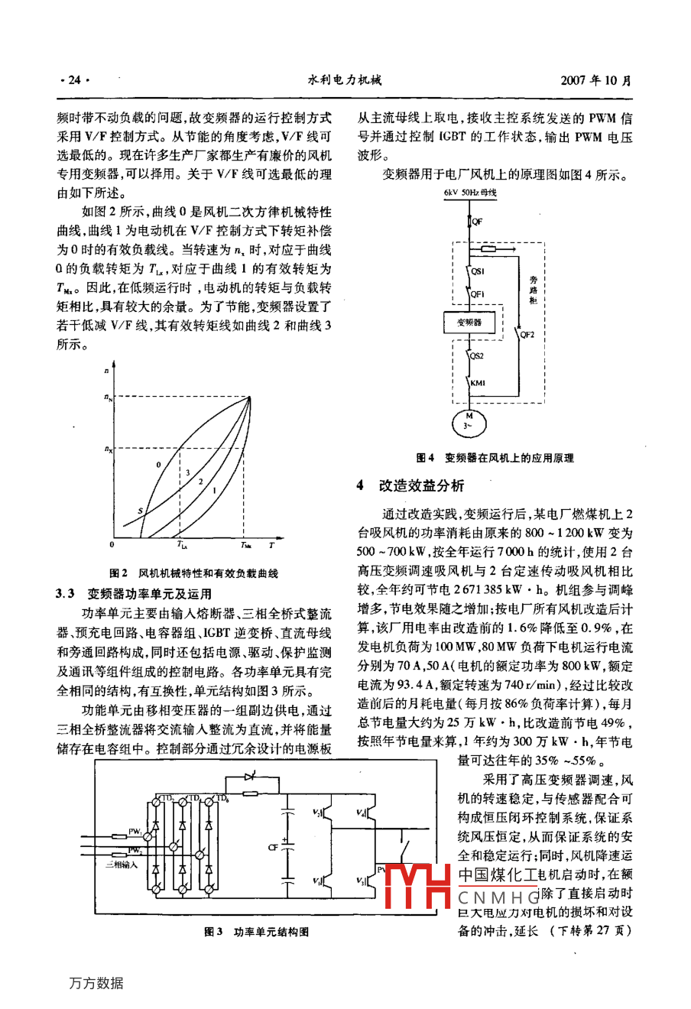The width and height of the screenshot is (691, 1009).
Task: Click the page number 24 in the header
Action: pyautogui.click(x=74, y=79)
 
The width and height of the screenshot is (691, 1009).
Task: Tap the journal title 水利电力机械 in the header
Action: pyautogui.click(x=344, y=79)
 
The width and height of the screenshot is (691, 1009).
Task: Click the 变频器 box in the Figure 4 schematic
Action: pyautogui.click(x=469, y=323)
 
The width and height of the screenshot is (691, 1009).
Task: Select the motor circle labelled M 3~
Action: pyautogui.click(x=469, y=421)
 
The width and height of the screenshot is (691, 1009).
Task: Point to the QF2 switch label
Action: pyautogui.click(x=527, y=334)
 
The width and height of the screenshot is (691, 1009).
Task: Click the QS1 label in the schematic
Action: pyautogui.click(x=478, y=271)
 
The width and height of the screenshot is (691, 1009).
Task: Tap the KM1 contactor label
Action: pyautogui.click(x=478, y=384)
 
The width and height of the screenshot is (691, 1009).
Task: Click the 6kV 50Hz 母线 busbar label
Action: pyautogui.click(x=469, y=193)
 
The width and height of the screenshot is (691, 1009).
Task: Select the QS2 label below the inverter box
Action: pyautogui.click(x=477, y=356)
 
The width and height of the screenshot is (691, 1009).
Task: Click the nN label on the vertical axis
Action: pyautogui.click(x=108, y=397)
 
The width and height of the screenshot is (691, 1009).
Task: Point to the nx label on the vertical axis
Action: pyautogui.click(x=108, y=449)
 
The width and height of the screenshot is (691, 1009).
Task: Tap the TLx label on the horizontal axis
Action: pyautogui.click(x=182, y=546)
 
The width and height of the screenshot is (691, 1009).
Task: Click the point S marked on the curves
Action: pyautogui.click(x=139, y=510)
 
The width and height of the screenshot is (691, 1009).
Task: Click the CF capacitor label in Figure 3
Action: pyautogui.click(x=273, y=848)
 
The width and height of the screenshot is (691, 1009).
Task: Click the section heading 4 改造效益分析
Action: pyautogui.click(x=410, y=486)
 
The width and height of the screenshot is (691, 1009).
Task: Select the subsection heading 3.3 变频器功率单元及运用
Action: pyautogui.click(x=134, y=594)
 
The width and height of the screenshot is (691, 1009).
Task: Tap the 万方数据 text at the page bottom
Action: pyautogui.click(x=96, y=984)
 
